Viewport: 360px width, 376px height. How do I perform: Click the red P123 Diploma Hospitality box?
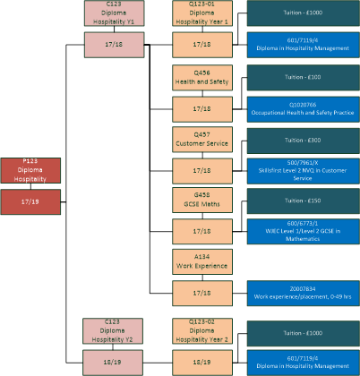coord(30,170)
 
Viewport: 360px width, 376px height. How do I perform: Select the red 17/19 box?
coord(30,201)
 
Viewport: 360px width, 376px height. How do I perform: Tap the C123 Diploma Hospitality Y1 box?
coord(113,13)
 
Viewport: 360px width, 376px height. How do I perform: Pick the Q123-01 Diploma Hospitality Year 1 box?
coord(202,13)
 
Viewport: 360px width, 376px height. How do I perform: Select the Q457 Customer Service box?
coord(202,138)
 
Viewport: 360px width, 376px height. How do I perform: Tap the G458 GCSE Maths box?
coord(202,199)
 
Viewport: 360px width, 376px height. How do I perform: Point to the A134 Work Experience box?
coord(202,261)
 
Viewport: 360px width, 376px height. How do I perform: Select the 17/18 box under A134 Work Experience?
coord(202,292)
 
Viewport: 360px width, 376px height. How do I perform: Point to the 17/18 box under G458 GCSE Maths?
coord(202,230)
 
